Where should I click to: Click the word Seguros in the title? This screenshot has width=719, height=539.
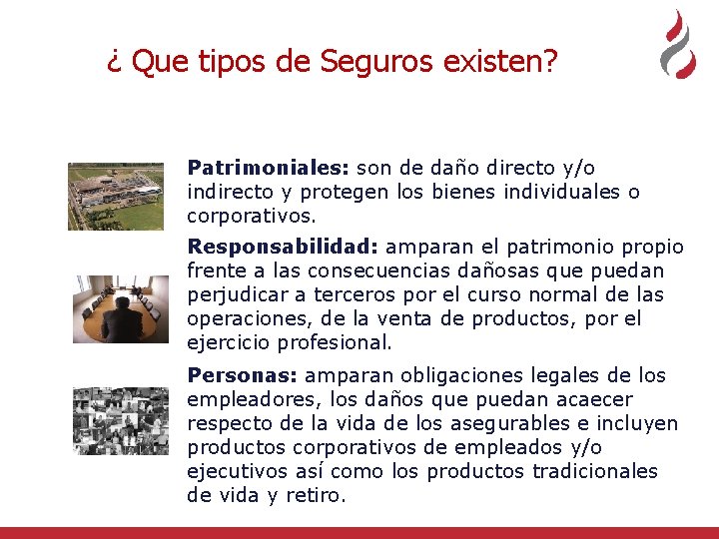365,63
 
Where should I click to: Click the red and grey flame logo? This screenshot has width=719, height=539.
678,45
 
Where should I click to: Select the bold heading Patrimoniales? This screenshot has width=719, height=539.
268,168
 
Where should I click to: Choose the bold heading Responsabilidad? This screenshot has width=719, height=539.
283,247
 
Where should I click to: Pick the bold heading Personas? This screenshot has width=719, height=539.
242,375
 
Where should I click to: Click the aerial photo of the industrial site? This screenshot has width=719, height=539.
115,196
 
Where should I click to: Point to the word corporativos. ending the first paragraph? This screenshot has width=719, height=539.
251,216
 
